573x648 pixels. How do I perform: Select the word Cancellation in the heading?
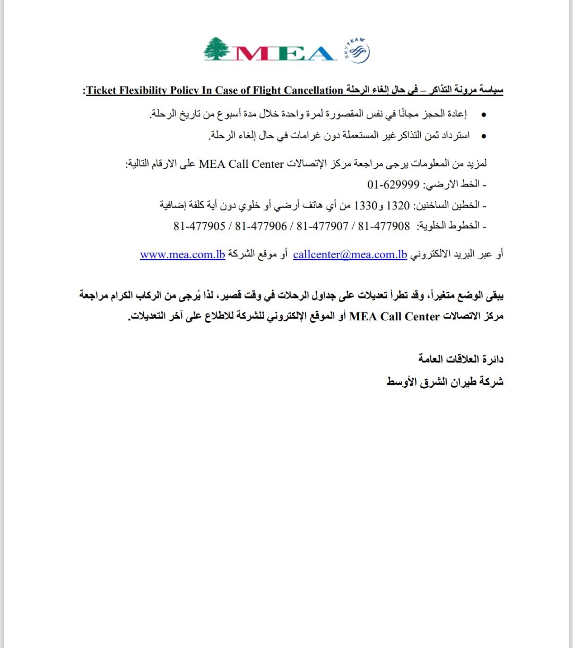(314, 90)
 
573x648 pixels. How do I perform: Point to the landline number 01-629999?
(393, 184)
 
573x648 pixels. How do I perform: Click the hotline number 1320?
(398, 205)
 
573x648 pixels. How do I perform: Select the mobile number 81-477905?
(199, 226)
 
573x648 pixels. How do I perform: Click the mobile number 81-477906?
(261, 226)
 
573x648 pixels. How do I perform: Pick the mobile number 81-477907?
(322, 226)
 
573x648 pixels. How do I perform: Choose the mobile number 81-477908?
(384, 226)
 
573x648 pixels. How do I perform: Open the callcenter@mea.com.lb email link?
(350, 254)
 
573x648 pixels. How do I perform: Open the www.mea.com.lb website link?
(183, 254)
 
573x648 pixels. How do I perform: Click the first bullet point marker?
(483, 115)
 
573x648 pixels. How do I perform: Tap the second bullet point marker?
(483, 136)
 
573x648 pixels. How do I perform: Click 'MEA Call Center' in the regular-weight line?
(241, 164)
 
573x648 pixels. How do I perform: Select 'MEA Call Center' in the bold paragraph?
(395, 317)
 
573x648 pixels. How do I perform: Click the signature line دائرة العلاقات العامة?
(461, 360)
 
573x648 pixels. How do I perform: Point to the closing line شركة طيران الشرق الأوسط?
(445, 382)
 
